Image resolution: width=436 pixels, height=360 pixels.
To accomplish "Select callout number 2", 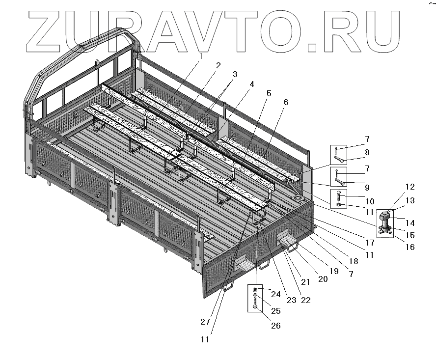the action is (x=218, y=65).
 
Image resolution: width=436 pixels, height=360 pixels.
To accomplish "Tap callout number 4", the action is (x=252, y=84).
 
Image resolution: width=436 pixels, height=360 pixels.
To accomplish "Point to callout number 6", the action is (x=286, y=102).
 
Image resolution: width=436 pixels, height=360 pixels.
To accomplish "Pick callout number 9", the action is (x=367, y=187).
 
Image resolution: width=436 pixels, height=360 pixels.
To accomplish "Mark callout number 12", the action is (x=410, y=187).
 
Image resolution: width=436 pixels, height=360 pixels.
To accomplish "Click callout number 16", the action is (x=410, y=247).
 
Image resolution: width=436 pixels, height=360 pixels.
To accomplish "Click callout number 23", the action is (x=291, y=300).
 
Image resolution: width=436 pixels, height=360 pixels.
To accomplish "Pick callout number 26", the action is (x=276, y=326).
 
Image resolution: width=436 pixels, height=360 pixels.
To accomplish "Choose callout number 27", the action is (x=205, y=322).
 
